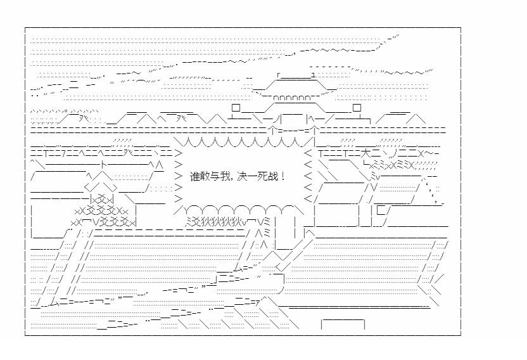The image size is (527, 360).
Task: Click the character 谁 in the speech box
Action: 194,176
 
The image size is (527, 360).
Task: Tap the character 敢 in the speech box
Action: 205,176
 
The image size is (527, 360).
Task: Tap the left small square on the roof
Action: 236,108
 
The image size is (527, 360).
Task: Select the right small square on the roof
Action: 357,108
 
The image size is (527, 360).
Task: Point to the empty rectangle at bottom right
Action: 343,325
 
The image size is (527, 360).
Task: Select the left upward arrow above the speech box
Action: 272,129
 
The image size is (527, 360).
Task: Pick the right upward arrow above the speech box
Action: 312,129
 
